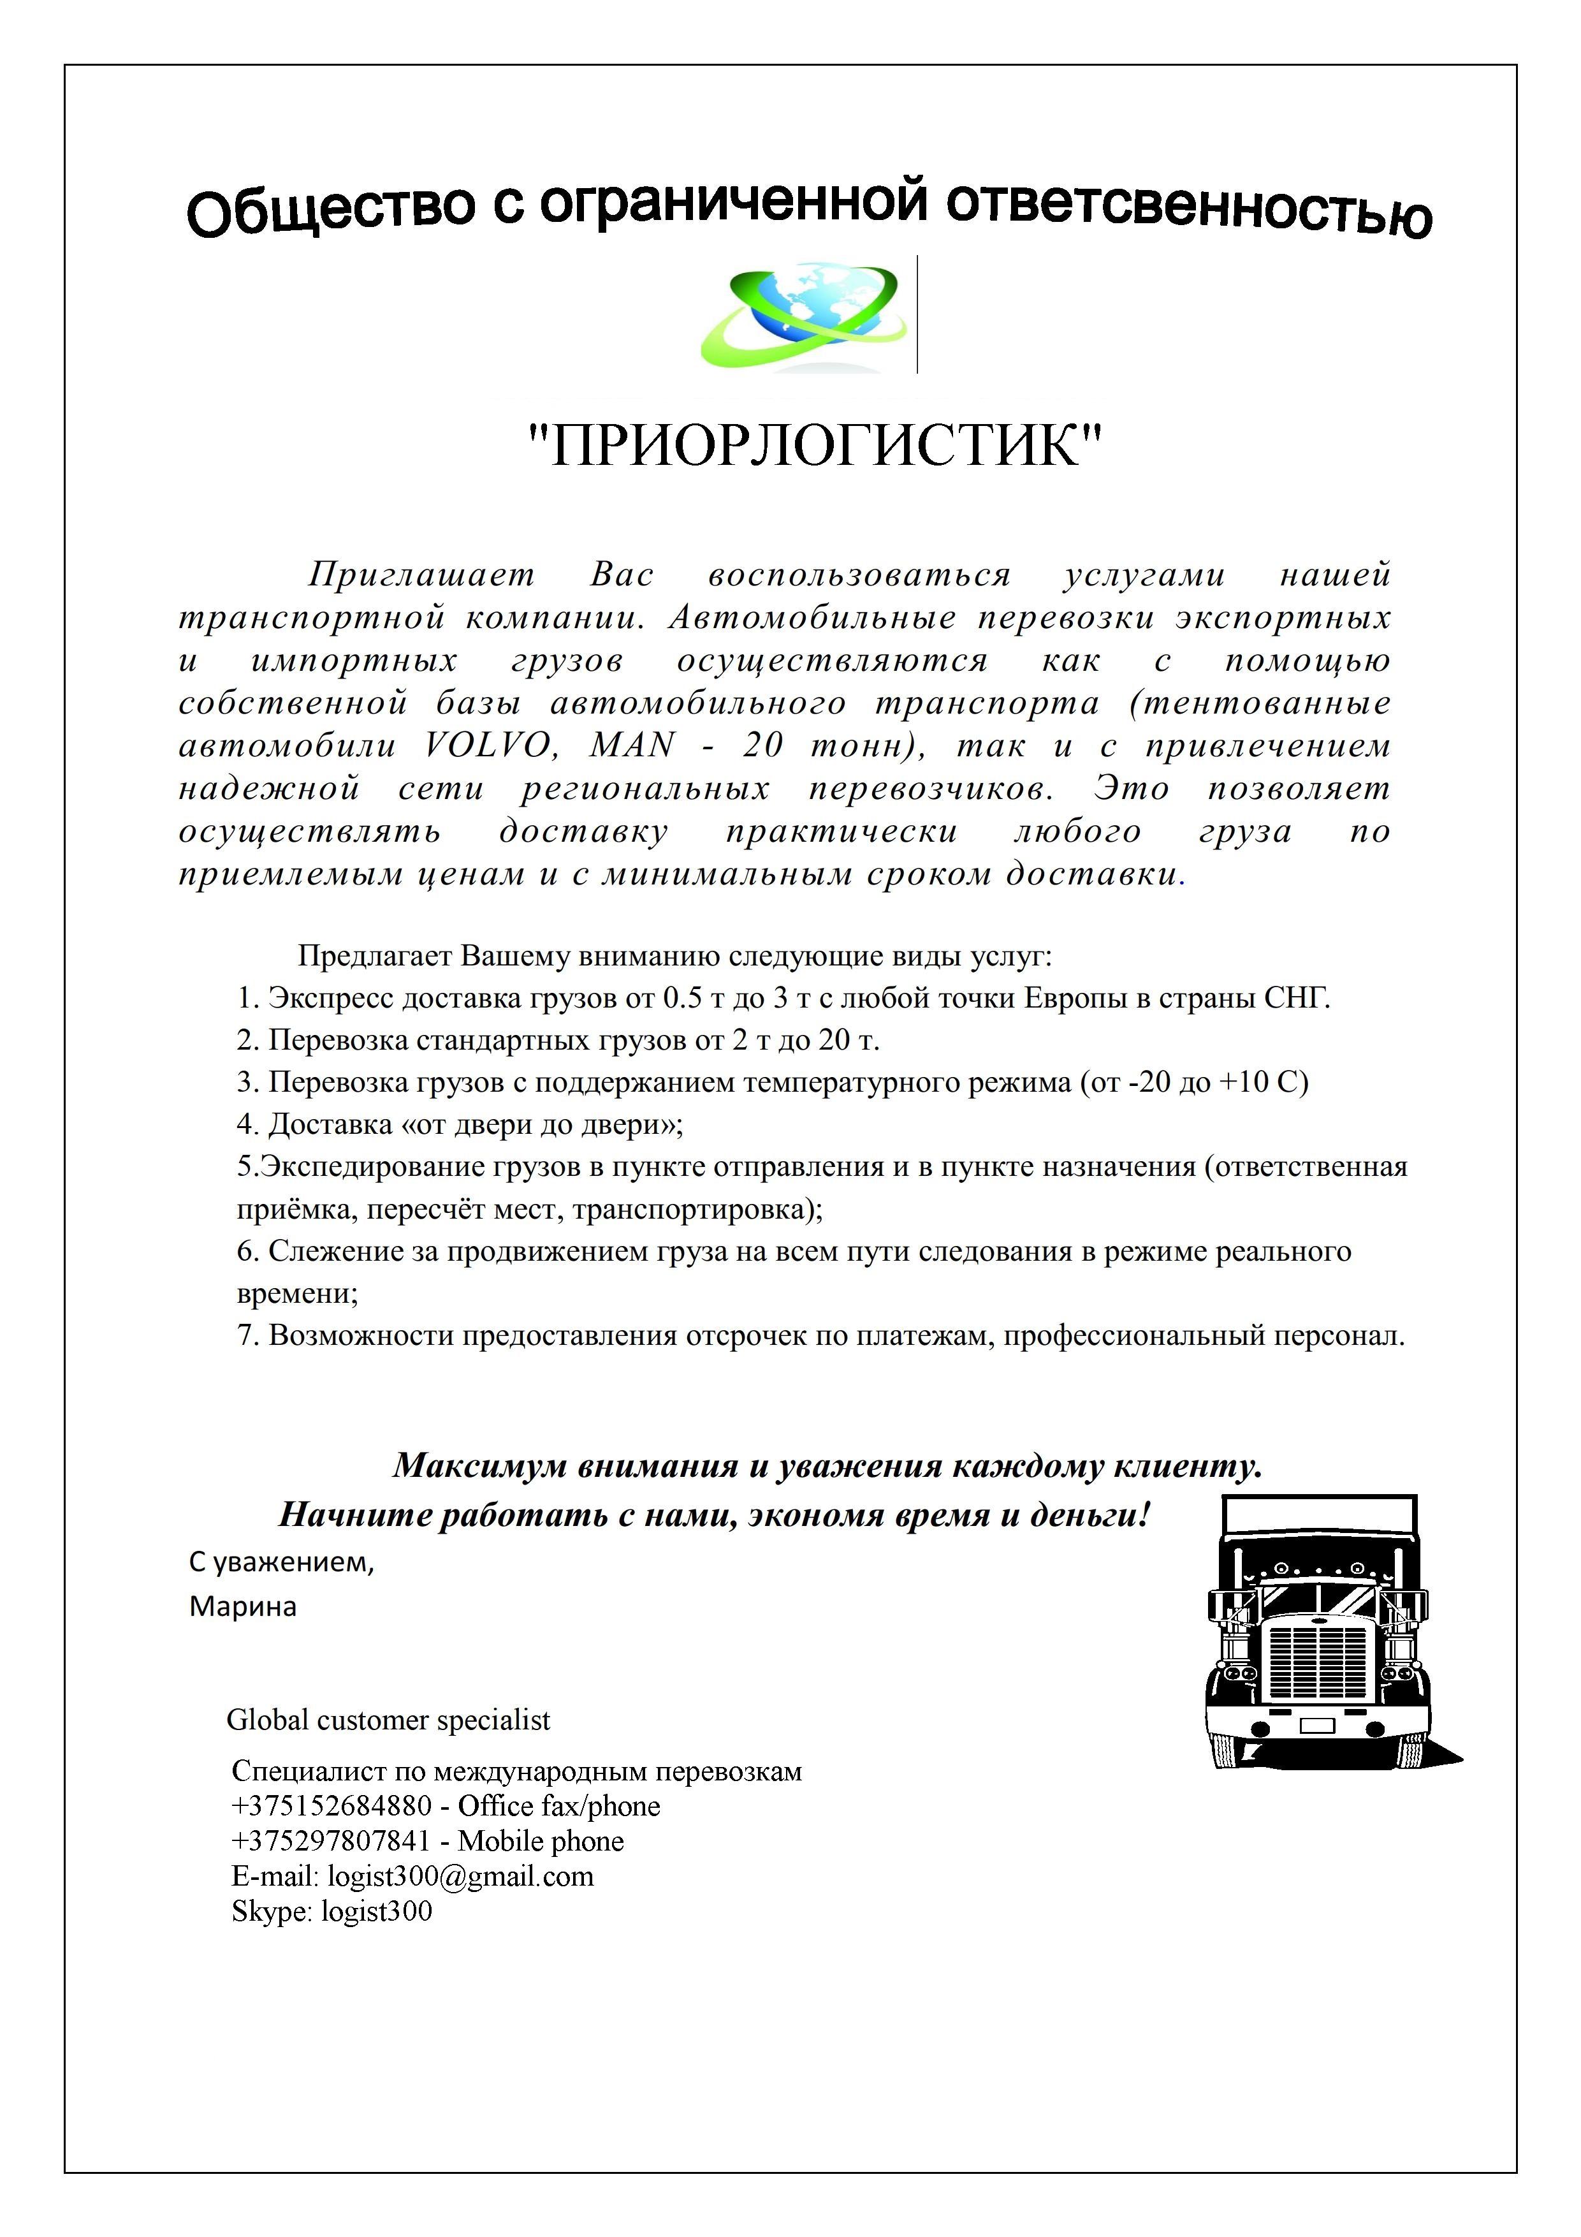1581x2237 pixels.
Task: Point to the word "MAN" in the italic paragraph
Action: click(632, 745)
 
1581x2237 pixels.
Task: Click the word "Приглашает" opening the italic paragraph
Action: click(421, 575)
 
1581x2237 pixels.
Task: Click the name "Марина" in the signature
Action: click(242, 1606)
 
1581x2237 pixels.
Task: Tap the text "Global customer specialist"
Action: click(388, 1720)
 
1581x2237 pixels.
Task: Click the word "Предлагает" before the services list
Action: click(374, 956)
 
